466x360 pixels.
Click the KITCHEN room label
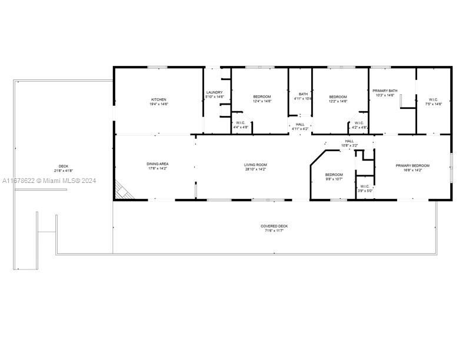159,99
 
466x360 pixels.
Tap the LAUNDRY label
214,92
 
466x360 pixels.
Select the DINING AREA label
158,164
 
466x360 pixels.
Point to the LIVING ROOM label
256,165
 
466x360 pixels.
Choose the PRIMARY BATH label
385,91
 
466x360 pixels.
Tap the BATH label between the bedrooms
303,94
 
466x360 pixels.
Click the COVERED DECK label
275,226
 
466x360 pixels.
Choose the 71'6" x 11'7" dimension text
275,231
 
